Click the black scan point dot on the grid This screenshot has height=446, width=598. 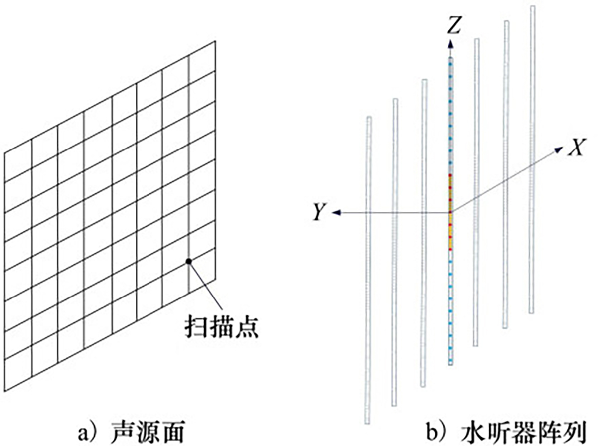tap(188, 261)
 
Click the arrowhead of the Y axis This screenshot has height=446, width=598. tap(336, 213)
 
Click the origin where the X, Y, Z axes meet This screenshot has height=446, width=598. tap(451, 213)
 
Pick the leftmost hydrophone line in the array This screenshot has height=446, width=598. tap(369, 269)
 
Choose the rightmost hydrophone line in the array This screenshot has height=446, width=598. tap(532, 159)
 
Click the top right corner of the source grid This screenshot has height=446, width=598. tap(215, 41)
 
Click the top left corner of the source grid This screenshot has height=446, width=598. tap(4, 152)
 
